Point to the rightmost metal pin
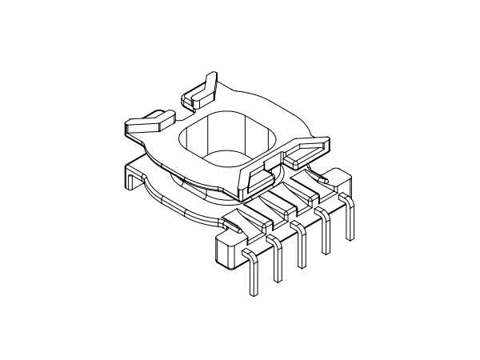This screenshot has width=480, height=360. (x=349, y=220)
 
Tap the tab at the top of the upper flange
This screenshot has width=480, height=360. (x=200, y=90)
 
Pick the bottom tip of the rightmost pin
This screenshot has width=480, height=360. (x=350, y=238)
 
